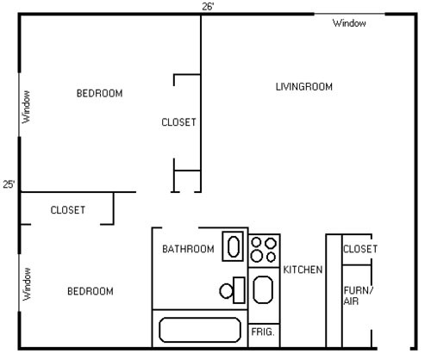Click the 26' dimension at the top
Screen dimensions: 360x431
tap(208, 6)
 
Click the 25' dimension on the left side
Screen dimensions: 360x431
tap(9, 184)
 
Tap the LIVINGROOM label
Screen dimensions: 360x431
tap(304, 86)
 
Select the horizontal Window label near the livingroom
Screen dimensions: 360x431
tap(349, 23)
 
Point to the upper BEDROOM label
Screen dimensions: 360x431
tap(99, 93)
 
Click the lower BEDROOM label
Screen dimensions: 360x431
tap(91, 291)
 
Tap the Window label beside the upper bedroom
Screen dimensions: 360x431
tap(26, 108)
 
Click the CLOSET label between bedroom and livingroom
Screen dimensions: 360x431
tap(179, 122)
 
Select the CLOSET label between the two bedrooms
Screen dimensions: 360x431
tap(67, 210)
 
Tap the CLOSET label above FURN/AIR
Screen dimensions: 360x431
tap(360, 249)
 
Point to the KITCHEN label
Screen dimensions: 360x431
tap(303, 270)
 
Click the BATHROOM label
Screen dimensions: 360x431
tap(188, 249)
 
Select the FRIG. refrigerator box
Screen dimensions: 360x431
tap(262, 331)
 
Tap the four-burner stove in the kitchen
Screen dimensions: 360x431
tap(263, 249)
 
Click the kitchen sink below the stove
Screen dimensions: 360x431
tap(263, 290)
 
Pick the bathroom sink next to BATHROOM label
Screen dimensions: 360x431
tap(234, 245)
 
